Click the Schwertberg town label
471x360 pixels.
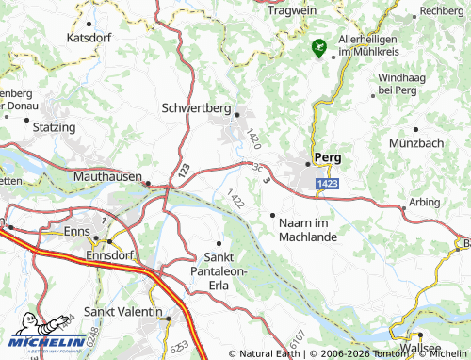[x=196, y=108]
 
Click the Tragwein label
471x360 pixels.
[x=292, y=10]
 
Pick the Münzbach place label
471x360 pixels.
[x=415, y=142]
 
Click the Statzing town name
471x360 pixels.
[x=54, y=126]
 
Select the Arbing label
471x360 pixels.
[x=425, y=202]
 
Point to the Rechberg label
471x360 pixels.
[x=443, y=10]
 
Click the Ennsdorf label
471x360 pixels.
[x=110, y=255]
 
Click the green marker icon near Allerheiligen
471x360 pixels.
[x=319, y=45]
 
